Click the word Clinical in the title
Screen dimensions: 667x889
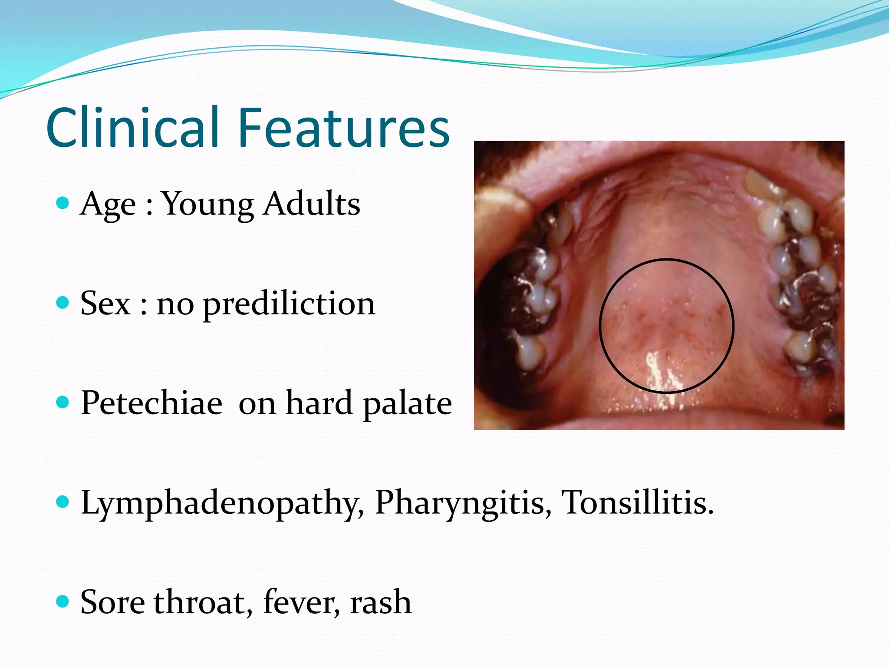[132, 128]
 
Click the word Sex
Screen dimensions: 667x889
[105, 303]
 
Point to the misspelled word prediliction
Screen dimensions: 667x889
[289, 304]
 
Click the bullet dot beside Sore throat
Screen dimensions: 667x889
[63, 601]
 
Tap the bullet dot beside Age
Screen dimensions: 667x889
[63, 203]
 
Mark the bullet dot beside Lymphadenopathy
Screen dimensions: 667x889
[63, 502]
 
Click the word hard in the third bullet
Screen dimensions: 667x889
[319, 403]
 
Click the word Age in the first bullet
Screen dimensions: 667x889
[108, 204]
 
